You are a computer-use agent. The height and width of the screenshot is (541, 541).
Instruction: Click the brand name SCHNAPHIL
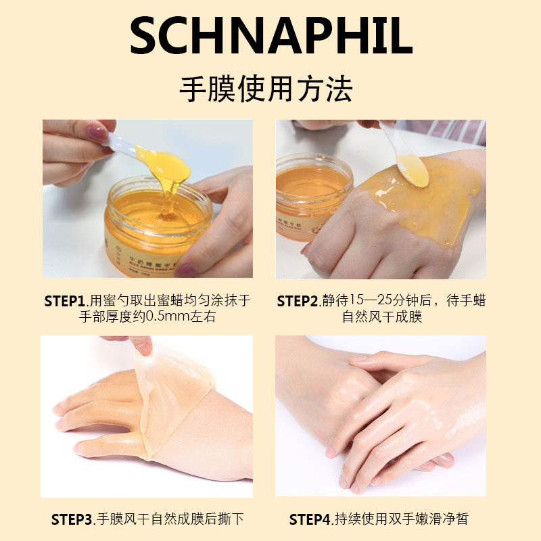(x=270, y=37)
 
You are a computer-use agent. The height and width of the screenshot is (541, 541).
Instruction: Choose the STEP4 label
(x=310, y=519)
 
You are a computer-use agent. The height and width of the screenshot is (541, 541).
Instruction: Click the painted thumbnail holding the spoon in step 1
(x=97, y=132)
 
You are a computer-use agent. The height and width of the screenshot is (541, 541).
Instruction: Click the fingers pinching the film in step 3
(x=142, y=344)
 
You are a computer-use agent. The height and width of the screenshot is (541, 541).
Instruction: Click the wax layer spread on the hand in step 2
(x=433, y=203)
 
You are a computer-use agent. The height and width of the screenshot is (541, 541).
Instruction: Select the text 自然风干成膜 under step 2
(x=382, y=316)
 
